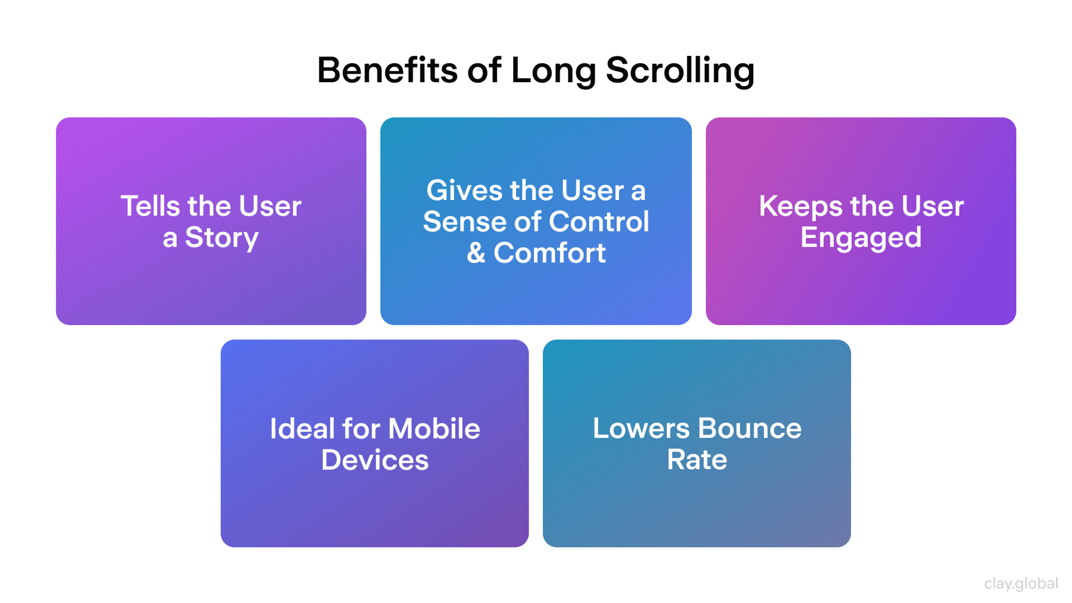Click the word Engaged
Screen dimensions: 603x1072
861,238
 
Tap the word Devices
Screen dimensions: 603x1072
375,460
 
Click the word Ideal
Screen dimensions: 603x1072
302,429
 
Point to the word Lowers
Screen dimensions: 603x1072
641,428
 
